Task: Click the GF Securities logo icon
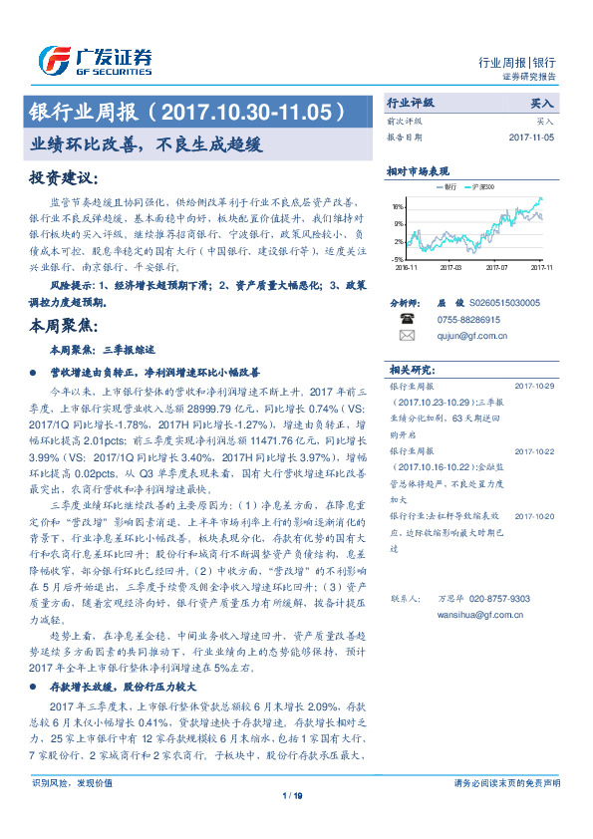pos(51,60)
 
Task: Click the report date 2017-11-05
pos(534,137)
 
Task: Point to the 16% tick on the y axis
pos(398,207)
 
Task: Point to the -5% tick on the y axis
pos(398,258)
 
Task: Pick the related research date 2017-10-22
pos(534,450)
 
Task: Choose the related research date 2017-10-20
pos(534,516)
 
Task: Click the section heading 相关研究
pos(407,366)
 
